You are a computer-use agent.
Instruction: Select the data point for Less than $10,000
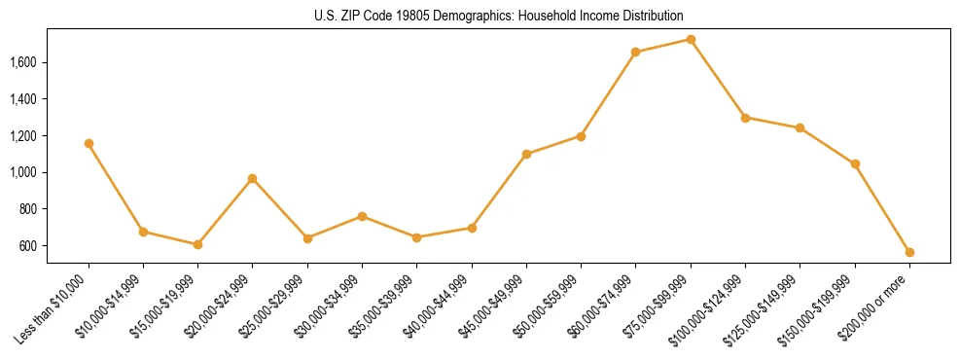[x=89, y=143]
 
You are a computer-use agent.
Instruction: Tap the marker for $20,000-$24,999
[x=252, y=178]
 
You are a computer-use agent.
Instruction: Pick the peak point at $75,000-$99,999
[x=691, y=39]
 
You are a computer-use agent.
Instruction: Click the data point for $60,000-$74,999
[x=635, y=52]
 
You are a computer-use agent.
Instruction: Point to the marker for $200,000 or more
[x=909, y=252]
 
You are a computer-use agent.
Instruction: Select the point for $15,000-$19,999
[x=197, y=244]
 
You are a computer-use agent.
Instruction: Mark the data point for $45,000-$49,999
[x=526, y=154]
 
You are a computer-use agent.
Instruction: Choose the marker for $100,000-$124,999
[x=745, y=117]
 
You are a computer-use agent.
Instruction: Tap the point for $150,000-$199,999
[x=855, y=163]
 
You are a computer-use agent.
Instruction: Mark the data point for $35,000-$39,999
[x=416, y=237]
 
